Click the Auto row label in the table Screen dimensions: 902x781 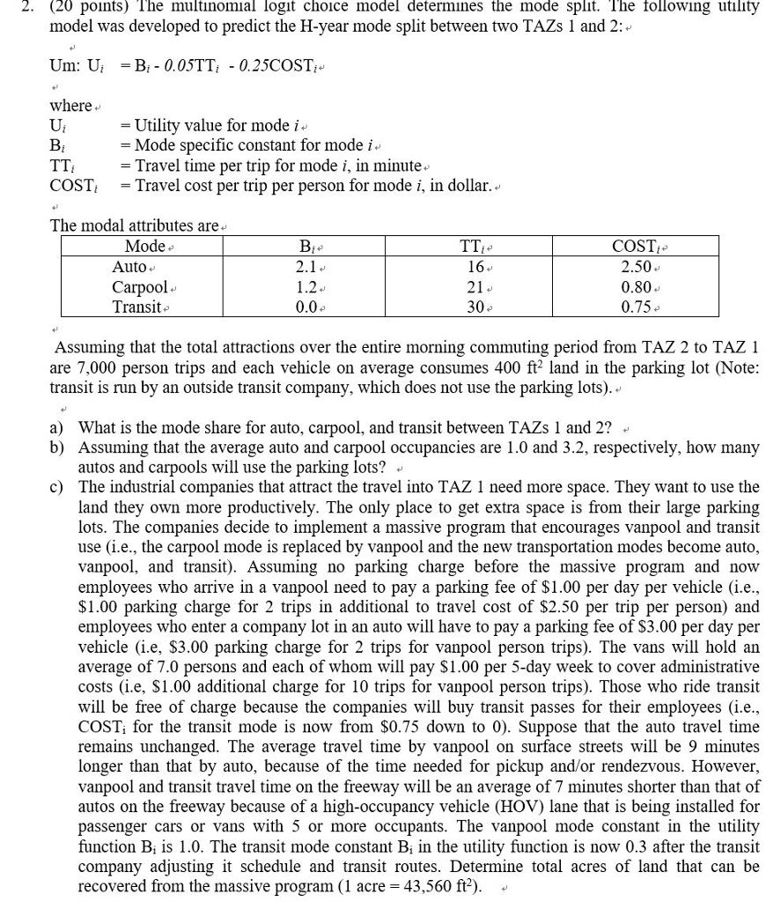click(x=131, y=267)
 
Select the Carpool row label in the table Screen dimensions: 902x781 click(x=139, y=287)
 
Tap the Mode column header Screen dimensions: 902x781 click(x=144, y=247)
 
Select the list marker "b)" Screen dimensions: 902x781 click(x=57, y=447)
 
